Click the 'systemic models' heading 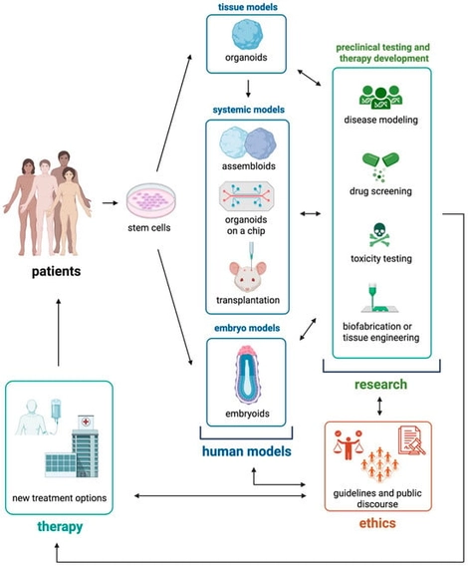[245, 111]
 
